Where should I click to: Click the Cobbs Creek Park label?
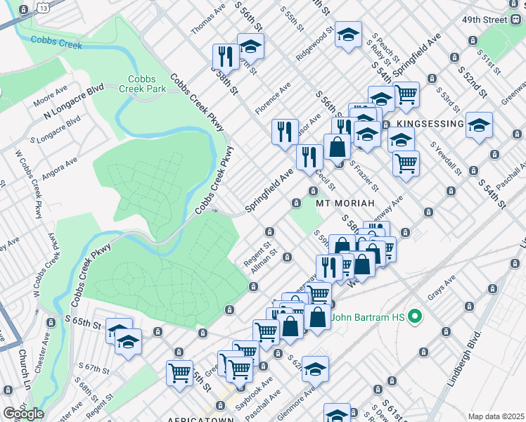[146, 84]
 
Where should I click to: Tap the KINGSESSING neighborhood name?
[430, 124]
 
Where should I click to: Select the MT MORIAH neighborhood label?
[343, 203]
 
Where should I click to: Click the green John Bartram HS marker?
[415, 316]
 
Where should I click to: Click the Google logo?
[23, 414]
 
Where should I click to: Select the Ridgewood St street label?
[314, 44]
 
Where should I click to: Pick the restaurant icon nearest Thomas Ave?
[226, 56]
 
